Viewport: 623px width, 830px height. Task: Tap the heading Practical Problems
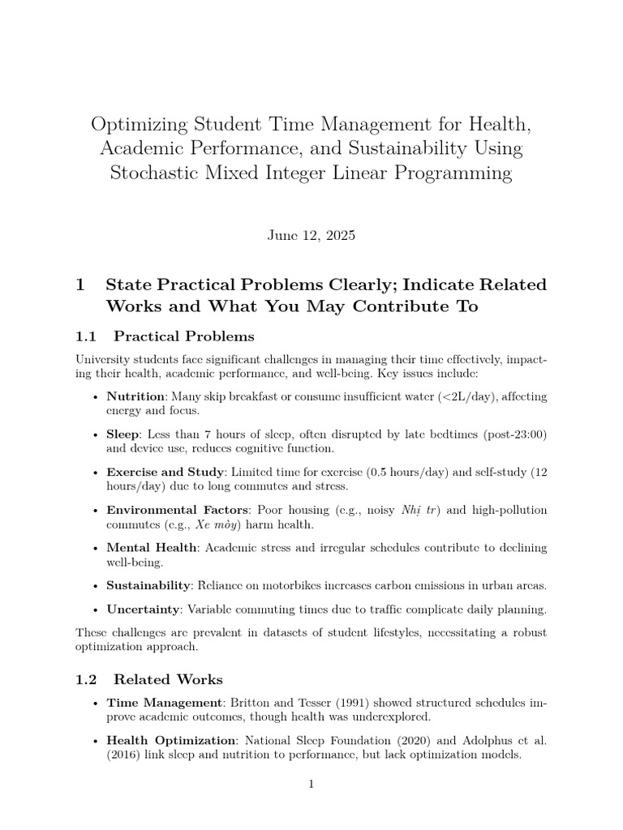coord(183,336)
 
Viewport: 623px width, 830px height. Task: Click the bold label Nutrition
coord(135,396)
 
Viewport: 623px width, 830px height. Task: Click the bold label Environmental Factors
coord(178,510)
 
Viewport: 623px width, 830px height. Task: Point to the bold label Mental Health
coord(151,548)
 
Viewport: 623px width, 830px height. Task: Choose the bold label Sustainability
coord(148,585)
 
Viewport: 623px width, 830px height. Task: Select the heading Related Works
coord(168,679)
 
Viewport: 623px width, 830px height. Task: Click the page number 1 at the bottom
coord(311,784)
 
